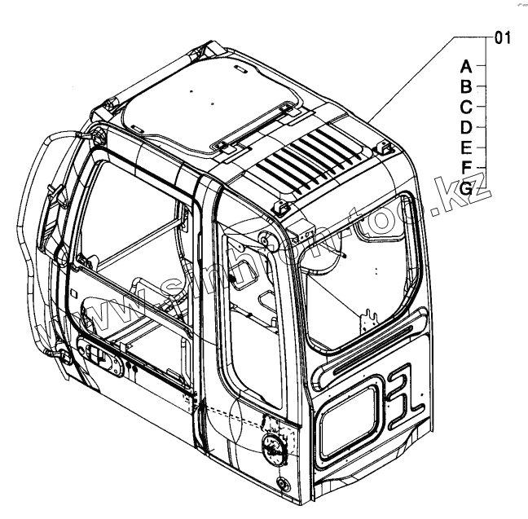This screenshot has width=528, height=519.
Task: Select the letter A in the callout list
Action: [x=465, y=66]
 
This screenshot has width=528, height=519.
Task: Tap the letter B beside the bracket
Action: [x=465, y=86]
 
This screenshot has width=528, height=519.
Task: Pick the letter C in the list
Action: [x=465, y=107]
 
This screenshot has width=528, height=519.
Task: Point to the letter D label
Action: [x=465, y=127]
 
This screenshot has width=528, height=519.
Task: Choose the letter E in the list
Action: [x=465, y=147]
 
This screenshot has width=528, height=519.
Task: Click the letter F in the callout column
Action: [x=465, y=168]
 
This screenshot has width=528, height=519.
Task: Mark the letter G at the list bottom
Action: [x=465, y=188]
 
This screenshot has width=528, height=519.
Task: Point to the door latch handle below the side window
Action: [x=96, y=356]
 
